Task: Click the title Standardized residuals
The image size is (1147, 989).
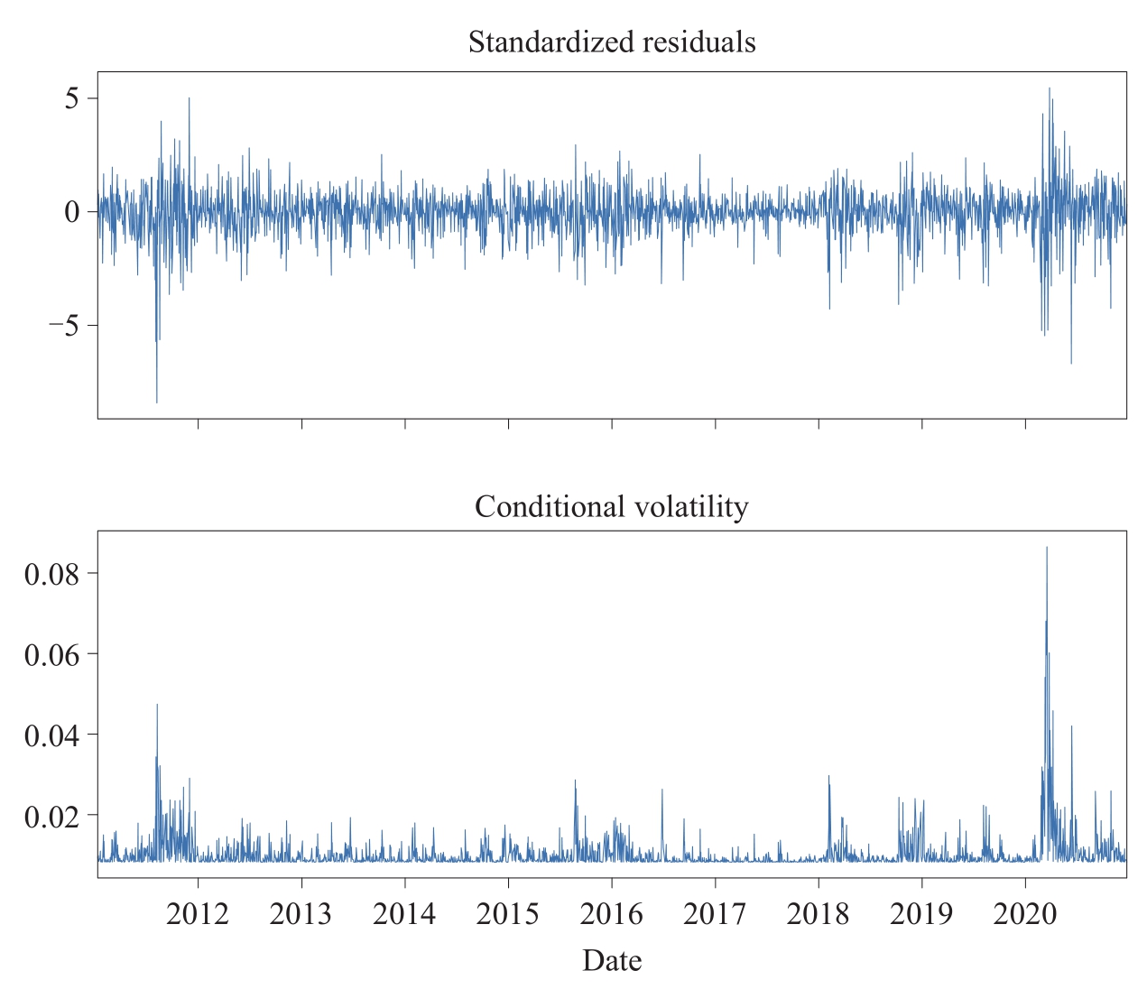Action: [612, 42]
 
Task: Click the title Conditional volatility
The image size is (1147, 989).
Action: [612, 507]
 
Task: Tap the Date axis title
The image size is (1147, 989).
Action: [612, 960]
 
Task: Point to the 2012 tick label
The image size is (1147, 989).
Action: [198, 914]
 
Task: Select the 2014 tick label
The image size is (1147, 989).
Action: [404, 914]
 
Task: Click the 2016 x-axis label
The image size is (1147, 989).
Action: [611, 914]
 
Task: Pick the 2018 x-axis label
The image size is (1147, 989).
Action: [818, 914]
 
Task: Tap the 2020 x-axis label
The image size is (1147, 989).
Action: [1024, 914]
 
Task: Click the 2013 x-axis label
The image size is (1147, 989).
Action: [301, 914]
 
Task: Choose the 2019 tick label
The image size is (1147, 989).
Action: [921, 914]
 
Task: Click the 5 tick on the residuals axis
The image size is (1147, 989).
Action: [72, 98]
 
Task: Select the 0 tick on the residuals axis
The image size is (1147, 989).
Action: [72, 212]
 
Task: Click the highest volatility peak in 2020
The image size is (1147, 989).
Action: [1047, 549]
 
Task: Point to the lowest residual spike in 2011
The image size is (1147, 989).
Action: [157, 401]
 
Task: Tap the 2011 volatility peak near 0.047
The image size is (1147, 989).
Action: [157, 706]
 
